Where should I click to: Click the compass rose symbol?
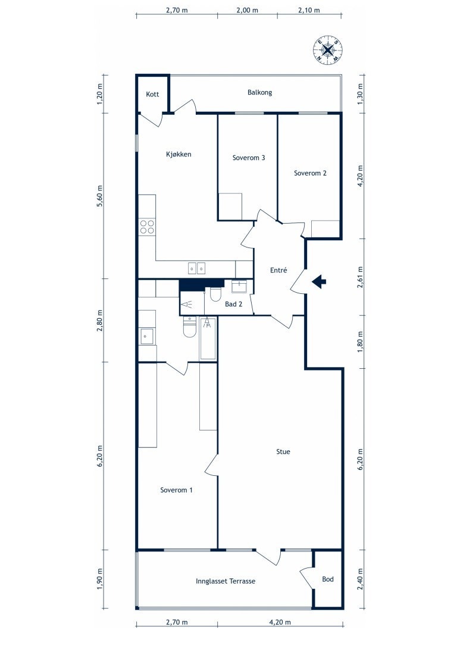(327, 50)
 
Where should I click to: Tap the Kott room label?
(152, 95)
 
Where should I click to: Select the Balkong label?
(259, 93)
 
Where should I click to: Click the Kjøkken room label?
(179, 155)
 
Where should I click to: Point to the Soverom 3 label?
(249, 158)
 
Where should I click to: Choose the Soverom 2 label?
(310, 174)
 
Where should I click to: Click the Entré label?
(278, 270)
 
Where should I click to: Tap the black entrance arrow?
(318, 282)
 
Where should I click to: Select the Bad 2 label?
(233, 305)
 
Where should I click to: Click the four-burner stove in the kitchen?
(147, 227)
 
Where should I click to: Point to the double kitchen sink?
(196, 268)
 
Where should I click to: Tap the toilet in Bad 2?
(215, 293)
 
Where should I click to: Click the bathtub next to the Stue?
(208, 338)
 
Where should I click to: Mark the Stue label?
(283, 452)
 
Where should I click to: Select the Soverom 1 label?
(176, 490)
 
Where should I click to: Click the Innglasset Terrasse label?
(226, 581)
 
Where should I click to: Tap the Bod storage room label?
(328, 579)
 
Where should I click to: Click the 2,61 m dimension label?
(361, 277)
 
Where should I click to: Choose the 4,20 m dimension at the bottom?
(280, 622)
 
